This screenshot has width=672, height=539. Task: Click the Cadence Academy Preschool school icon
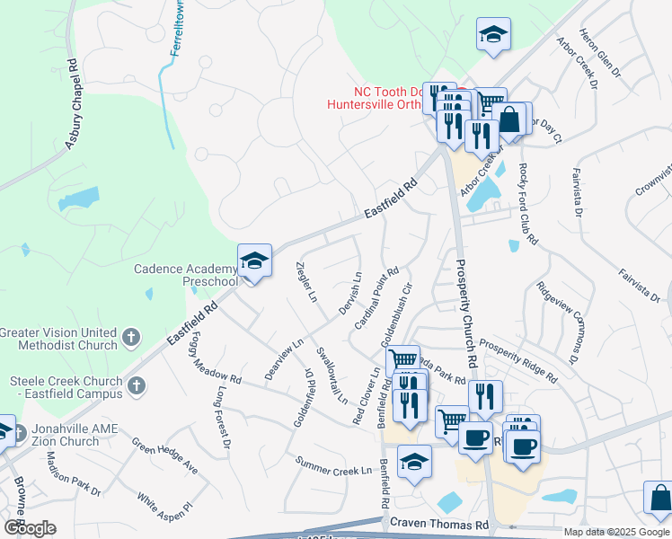[254, 261]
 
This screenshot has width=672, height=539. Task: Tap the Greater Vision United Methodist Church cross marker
[131, 338]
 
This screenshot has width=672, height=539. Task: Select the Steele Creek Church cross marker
[136, 385]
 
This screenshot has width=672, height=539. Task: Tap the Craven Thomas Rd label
[439, 523]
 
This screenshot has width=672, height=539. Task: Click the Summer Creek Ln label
[334, 465]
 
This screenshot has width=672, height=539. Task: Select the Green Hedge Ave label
[164, 455]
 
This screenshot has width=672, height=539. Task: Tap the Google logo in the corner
[29, 527]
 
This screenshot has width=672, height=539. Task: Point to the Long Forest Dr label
[224, 419]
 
